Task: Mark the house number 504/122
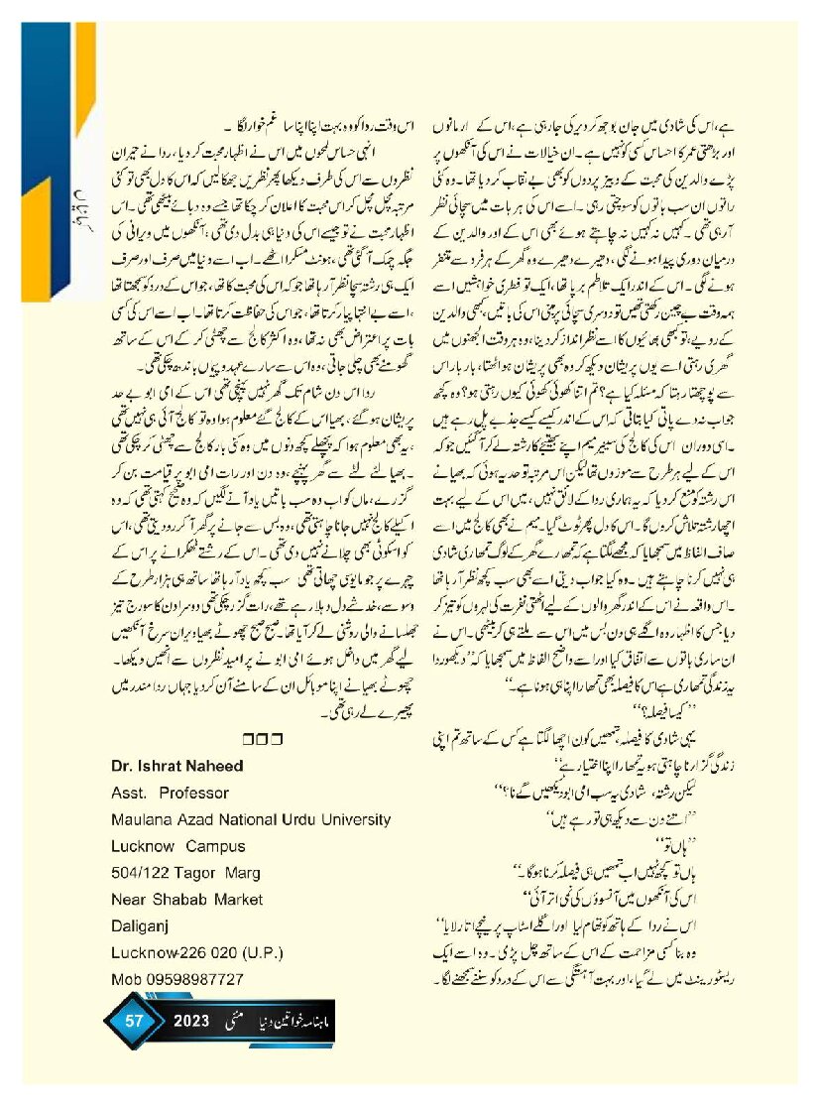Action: (x=138, y=873)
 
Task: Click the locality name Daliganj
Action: (x=136, y=926)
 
